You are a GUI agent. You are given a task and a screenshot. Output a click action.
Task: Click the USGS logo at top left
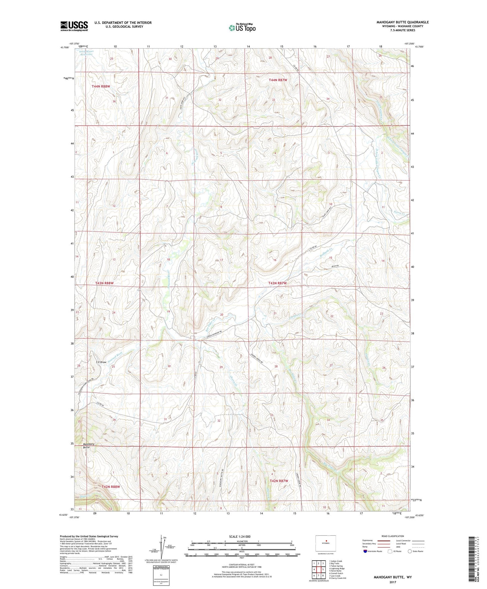[x=74, y=26]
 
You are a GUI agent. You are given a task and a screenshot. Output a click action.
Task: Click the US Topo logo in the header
[x=242, y=28]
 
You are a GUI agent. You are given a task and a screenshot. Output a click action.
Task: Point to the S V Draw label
[x=101, y=362]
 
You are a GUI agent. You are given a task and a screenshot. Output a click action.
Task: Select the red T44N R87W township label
[x=278, y=80]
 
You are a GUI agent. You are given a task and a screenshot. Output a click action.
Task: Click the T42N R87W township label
[x=279, y=481]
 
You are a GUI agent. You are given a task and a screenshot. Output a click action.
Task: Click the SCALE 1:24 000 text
[x=240, y=536]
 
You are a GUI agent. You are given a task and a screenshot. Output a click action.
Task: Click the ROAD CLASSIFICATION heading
[x=393, y=536]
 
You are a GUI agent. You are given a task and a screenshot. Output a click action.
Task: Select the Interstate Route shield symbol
[x=365, y=551]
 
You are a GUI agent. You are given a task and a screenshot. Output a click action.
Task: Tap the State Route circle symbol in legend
[x=410, y=551]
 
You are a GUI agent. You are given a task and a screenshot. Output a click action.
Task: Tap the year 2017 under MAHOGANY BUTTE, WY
[x=393, y=582]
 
